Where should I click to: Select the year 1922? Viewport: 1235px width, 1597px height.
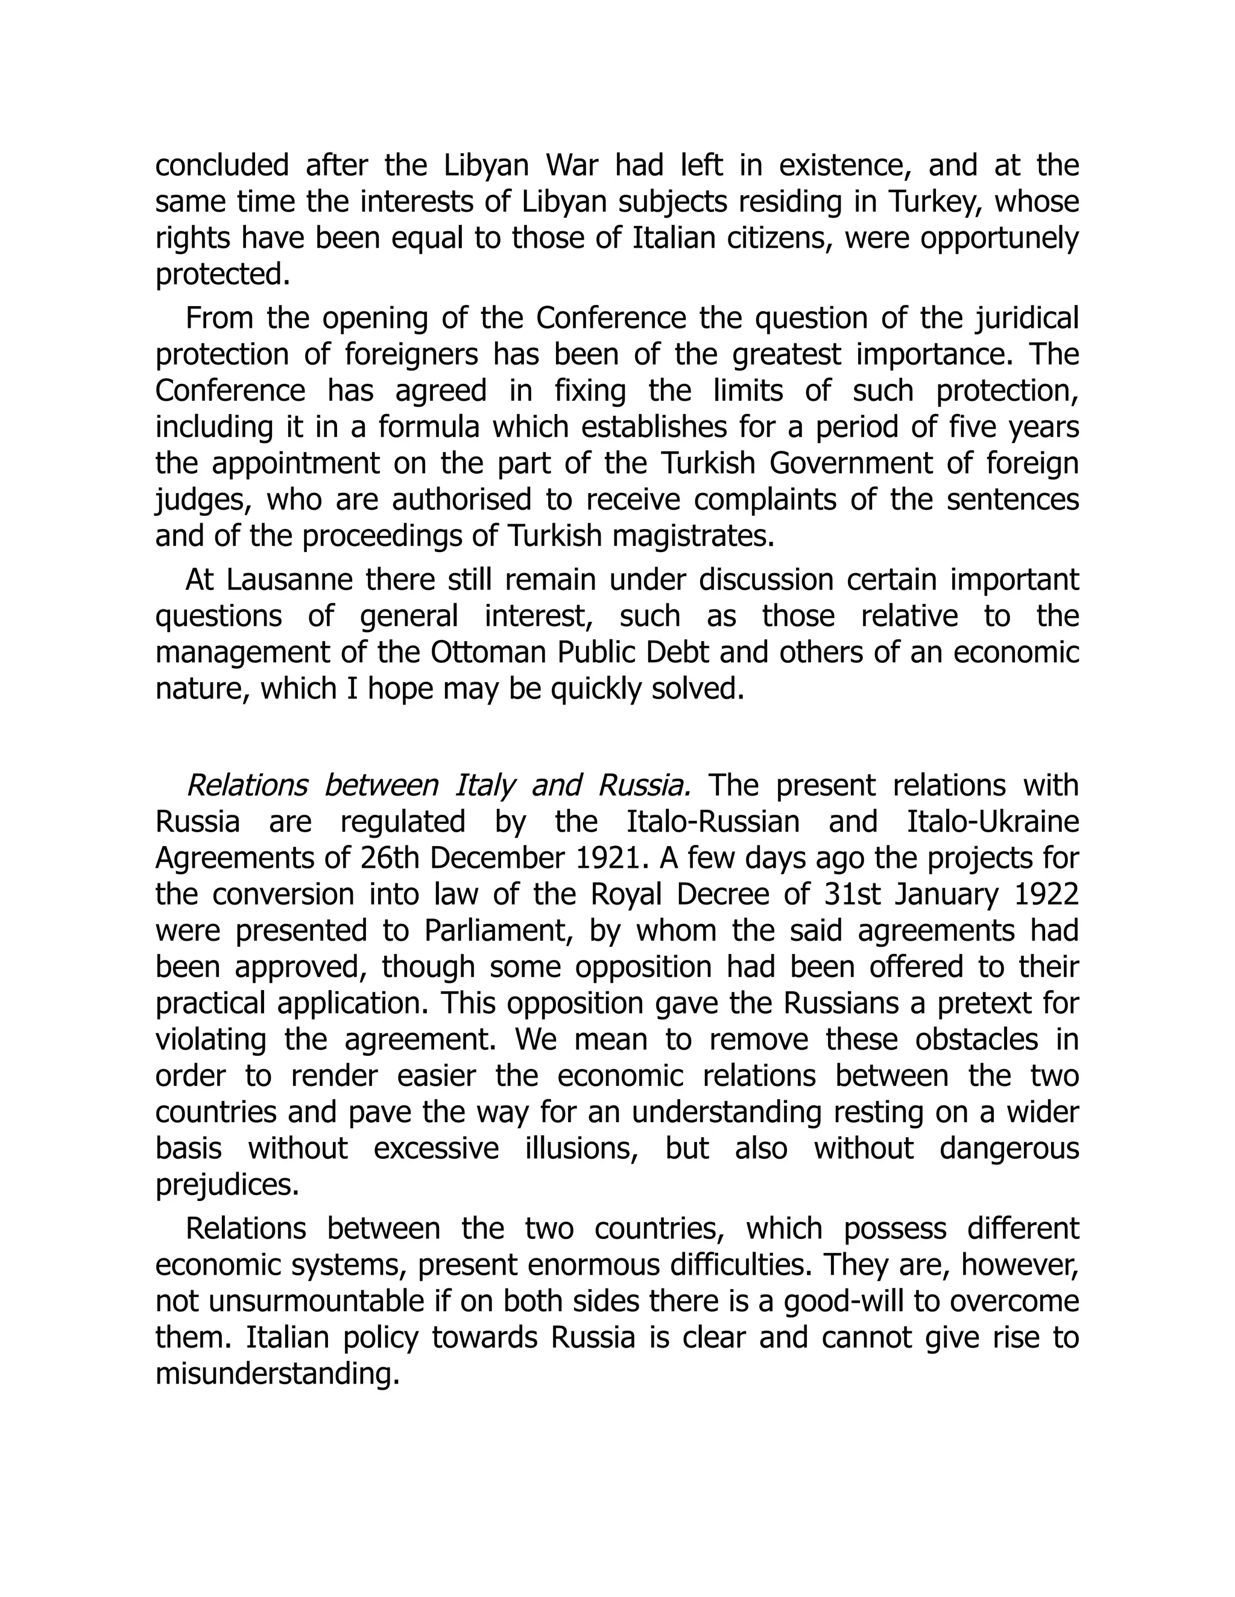tap(1042, 894)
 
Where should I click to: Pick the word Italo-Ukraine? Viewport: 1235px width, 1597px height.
tap(993, 822)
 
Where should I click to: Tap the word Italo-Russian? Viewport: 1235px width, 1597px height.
tap(713, 822)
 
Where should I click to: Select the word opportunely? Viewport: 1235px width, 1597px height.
tap(998, 239)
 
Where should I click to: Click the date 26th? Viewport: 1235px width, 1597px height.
tap(388, 858)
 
